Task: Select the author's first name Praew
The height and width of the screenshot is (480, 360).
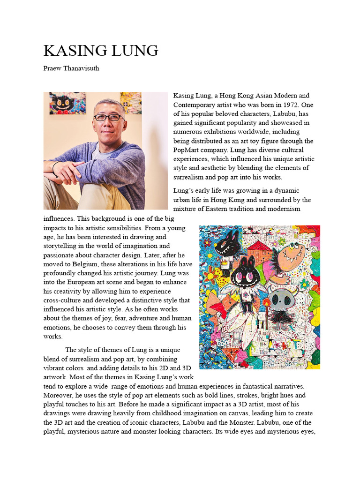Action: click(52, 68)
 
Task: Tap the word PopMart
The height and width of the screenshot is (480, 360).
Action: click(187, 150)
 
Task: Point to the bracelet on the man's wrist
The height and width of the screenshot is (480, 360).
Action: click(56, 169)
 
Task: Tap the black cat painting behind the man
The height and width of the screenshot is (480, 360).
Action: click(66, 103)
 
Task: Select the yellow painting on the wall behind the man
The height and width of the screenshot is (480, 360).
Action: click(131, 103)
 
